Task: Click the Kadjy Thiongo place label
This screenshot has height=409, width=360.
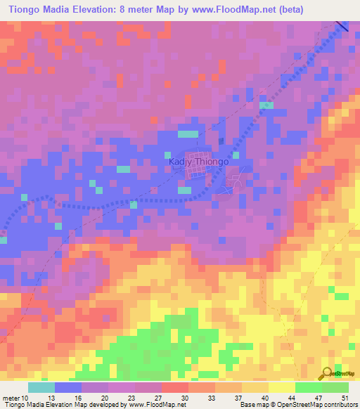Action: (199, 161)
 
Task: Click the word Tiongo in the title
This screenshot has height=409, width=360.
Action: (24, 10)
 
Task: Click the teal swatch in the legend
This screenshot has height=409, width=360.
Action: (41, 387)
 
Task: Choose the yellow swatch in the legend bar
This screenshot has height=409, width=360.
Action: (281, 387)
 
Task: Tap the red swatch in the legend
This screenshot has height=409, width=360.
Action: (174, 387)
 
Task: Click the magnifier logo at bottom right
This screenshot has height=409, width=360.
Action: (328, 373)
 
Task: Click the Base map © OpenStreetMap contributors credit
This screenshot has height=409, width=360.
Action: (296, 405)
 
